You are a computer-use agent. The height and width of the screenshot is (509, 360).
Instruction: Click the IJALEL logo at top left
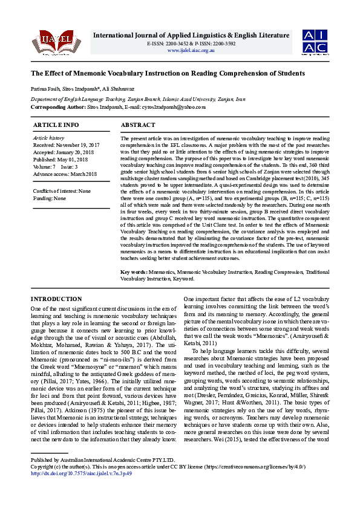coord(48,42)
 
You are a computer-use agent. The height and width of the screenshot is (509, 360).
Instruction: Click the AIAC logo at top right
coord(316,41)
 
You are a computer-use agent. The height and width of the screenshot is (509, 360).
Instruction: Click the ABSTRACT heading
coord(139,125)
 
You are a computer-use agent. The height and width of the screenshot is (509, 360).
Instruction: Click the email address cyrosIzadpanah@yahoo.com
coord(173,107)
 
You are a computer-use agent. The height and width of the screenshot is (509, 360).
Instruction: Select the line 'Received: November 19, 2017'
coord(67,145)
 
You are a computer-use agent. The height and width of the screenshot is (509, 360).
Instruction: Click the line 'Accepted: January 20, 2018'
coord(64,152)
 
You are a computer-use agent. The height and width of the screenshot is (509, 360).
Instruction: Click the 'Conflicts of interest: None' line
coord(62,191)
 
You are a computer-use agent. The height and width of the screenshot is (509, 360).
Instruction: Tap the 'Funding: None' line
coord(50,198)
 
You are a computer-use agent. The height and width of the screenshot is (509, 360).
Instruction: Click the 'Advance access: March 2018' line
coord(65,174)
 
